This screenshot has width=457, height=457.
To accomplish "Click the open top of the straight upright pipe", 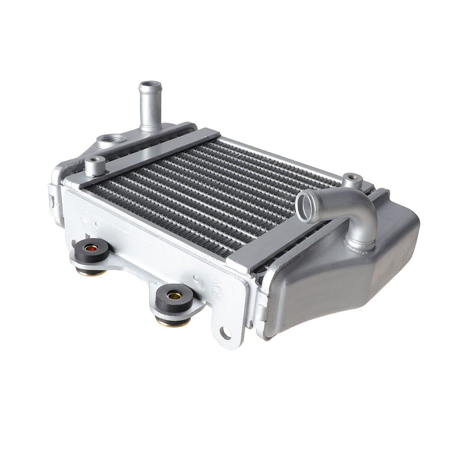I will [x=150, y=85].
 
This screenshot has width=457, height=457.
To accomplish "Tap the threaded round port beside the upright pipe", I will [x=110, y=138].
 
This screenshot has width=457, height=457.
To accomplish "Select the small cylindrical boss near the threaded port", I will [x=95, y=165].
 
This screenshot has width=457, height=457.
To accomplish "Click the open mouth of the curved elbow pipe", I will [x=305, y=207].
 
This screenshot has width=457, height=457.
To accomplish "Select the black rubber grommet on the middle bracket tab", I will [x=174, y=298].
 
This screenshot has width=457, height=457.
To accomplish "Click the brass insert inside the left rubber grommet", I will [x=91, y=248].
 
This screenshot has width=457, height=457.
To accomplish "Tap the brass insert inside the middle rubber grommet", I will [x=174, y=295].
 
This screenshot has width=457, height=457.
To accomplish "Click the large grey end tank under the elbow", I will [x=347, y=283].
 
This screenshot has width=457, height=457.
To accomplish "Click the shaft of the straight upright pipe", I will [x=150, y=110].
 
